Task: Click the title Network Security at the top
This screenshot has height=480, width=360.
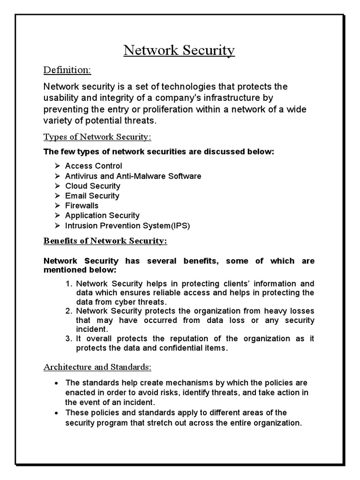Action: tap(179, 50)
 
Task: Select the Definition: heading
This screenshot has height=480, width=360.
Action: tap(67, 70)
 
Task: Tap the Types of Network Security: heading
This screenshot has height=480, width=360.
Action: tap(97, 137)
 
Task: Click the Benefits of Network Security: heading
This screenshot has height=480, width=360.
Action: tap(105, 241)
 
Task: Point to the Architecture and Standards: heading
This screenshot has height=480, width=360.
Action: tap(97, 367)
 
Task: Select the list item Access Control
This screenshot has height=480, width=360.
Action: tap(93, 166)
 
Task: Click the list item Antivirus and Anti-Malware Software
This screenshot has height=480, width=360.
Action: tap(133, 176)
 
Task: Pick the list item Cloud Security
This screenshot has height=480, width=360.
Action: tap(92, 186)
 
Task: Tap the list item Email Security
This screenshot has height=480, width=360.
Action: tap(92, 196)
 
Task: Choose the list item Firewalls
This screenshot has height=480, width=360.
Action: tap(82, 206)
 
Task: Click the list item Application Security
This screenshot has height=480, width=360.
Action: tap(102, 216)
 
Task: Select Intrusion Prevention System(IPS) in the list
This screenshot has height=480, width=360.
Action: tap(127, 226)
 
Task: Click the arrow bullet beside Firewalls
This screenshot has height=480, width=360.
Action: tap(57, 206)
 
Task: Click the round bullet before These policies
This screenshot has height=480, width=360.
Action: tap(56, 413)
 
